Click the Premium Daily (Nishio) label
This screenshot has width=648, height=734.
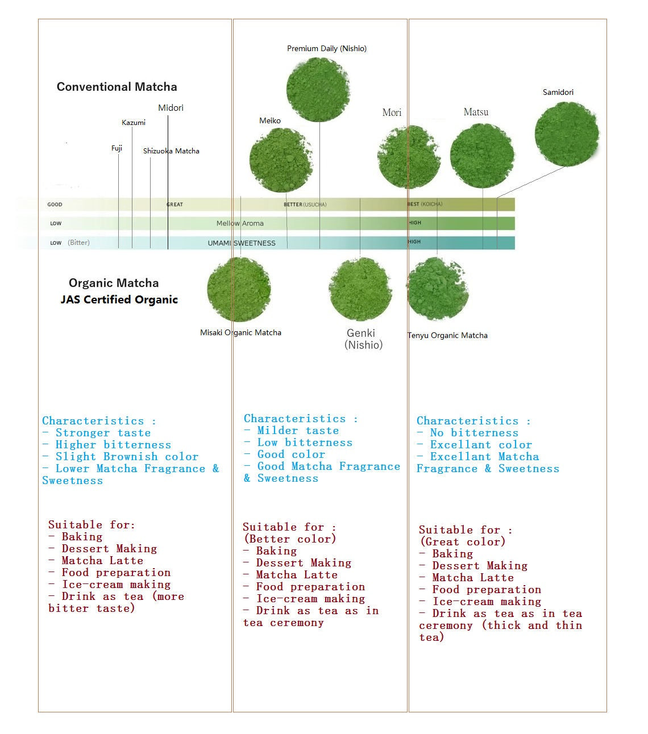(x=327, y=48)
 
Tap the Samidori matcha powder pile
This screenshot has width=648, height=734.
(x=567, y=134)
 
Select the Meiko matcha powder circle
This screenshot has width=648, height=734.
(x=281, y=160)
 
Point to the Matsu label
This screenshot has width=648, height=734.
(x=476, y=112)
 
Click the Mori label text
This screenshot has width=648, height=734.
(x=392, y=112)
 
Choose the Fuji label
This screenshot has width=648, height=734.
(x=117, y=148)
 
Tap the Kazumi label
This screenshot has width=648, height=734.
(x=134, y=123)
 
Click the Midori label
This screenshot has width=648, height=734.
(x=171, y=107)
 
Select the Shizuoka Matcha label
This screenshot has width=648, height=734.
(x=171, y=151)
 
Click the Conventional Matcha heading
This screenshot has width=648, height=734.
(x=117, y=86)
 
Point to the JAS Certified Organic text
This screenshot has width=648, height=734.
(x=119, y=299)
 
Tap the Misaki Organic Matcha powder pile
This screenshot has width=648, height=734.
(x=239, y=290)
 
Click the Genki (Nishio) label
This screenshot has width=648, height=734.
(x=363, y=339)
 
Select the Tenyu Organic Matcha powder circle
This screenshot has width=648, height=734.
(x=438, y=289)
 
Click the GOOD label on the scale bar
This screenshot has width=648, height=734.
(x=55, y=205)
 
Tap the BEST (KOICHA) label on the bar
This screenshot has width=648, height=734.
(x=425, y=204)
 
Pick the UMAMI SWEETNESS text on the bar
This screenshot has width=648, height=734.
(x=242, y=243)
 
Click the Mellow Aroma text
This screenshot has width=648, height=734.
(x=240, y=223)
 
